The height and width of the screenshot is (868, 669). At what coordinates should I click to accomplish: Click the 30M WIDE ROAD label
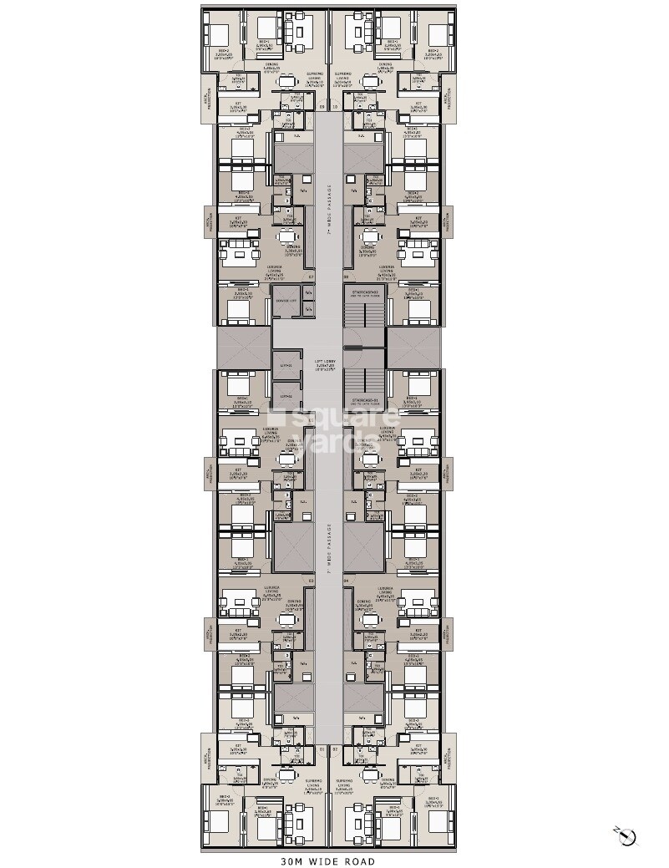[x=329, y=861]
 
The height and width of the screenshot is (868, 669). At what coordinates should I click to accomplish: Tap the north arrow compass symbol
[x=628, y=836]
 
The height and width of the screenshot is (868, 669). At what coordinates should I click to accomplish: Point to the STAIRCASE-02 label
[x=365, y=293]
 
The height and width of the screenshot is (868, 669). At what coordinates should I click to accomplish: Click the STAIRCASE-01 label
[x=365, y=399]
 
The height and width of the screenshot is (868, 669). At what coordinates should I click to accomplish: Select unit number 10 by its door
[x=336, y=107]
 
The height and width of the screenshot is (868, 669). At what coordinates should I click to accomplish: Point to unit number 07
[x=311, y=277]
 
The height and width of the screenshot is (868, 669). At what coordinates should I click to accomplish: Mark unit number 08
[x=347, y=277]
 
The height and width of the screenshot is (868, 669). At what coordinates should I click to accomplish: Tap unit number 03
[x=311, y=580]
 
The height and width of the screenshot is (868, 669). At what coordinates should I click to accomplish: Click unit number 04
[x=347, y=580]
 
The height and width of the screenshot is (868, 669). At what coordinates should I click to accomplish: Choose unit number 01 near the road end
[x=322, y=749]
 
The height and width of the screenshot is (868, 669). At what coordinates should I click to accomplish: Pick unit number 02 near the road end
[x=336, y=749]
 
